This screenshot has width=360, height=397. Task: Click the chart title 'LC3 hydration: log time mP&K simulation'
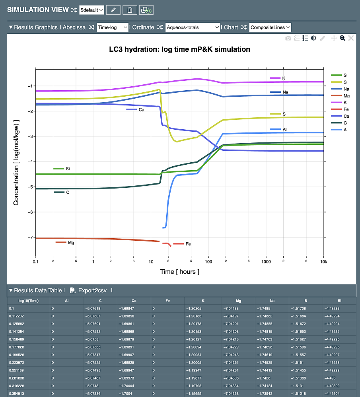179,49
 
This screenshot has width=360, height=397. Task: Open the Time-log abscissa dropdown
113,27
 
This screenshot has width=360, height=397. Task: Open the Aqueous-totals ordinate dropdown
193,27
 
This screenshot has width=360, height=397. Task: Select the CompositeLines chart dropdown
270,27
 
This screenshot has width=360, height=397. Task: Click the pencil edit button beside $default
113,10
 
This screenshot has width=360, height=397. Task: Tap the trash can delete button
130,10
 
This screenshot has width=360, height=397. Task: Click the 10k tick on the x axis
324,262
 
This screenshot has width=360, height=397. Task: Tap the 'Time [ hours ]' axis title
179,272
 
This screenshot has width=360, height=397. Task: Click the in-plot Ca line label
141,109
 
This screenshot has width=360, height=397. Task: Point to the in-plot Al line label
284,130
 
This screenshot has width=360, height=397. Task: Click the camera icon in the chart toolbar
288,38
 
